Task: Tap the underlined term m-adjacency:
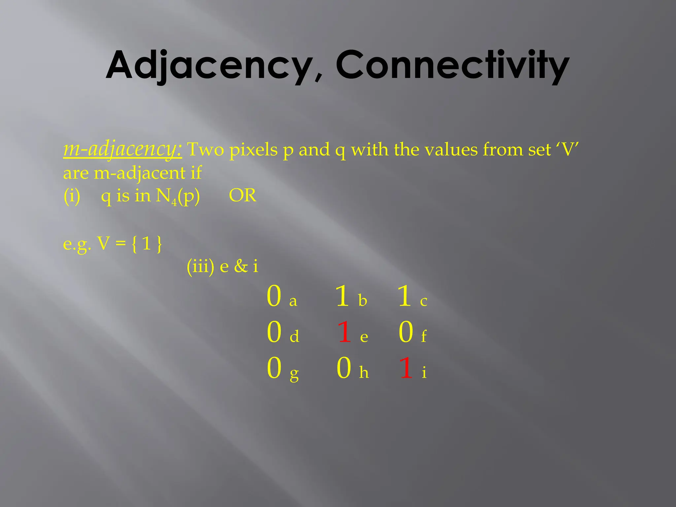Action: click(122, 149)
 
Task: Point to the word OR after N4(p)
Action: click(242, 195)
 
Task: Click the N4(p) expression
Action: click(178, 196)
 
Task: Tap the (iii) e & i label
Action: click(222, 266)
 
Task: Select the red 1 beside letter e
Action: click(344, 332)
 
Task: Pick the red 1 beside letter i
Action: click(406, 368)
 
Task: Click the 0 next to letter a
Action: click(274, 296)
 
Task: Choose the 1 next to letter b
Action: click(342, 296)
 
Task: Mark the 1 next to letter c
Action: click(404, 296)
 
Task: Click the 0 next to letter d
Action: click(274, 332)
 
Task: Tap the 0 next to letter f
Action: click(406, 332)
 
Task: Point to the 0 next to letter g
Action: click(274, 368)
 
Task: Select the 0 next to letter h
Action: click(344, 368)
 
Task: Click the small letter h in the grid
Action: click(364, 372)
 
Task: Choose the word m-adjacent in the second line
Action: click(140, 173)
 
